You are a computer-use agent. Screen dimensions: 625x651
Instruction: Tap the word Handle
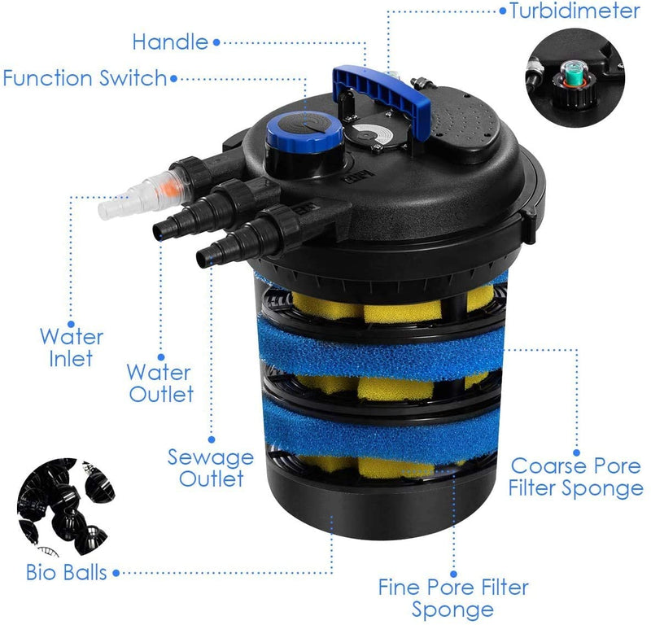tap(170, 41)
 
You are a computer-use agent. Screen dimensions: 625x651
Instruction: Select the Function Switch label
tap(84, 79)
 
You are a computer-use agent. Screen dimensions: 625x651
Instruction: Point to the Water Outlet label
tap(160, 384)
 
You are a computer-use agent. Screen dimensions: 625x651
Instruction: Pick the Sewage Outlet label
tap(211, 467)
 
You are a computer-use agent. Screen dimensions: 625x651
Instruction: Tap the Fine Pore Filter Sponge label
tap(453, 598)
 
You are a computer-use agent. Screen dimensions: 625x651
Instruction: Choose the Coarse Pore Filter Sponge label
tap(577, 477)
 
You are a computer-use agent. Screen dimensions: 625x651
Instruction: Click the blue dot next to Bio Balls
tap(116, 574)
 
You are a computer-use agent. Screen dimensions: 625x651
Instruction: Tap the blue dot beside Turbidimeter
tap(502, 11)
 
